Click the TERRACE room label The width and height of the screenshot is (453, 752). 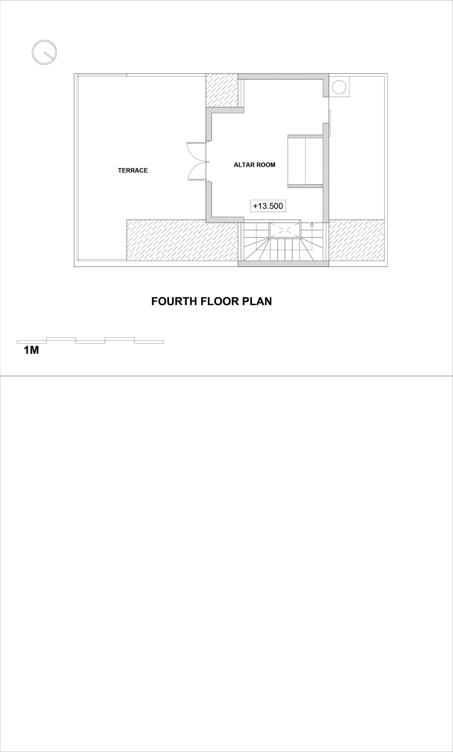click(x=133, y=170)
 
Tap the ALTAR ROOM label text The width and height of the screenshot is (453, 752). click(x=255, y=165)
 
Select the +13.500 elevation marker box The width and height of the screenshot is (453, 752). click(x=268, y=206)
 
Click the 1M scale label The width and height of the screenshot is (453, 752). click(x=31, y=350)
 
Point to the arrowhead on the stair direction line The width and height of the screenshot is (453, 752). click(x=312, y=225)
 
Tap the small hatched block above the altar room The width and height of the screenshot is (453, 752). click(x=222, y=90)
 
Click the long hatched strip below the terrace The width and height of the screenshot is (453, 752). click(x=182, y=240)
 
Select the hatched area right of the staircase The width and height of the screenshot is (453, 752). click(x=357, y=240)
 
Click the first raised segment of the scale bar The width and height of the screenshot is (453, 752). click(x=61, y=339)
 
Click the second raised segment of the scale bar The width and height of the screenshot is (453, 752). click(x=120, y=339)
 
